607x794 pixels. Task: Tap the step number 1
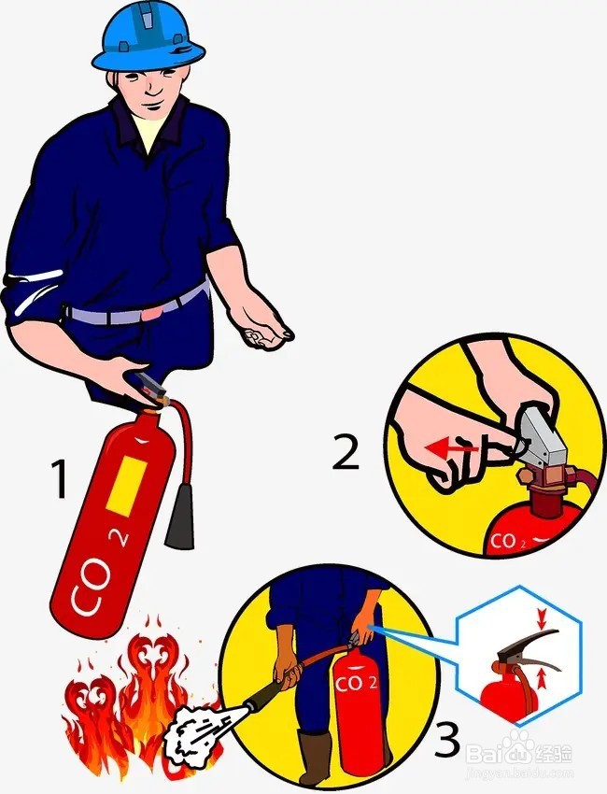[x=59, y=480]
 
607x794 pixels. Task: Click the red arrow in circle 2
[x=447, y=448]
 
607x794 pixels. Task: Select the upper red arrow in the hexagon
[x=541, y=617]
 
